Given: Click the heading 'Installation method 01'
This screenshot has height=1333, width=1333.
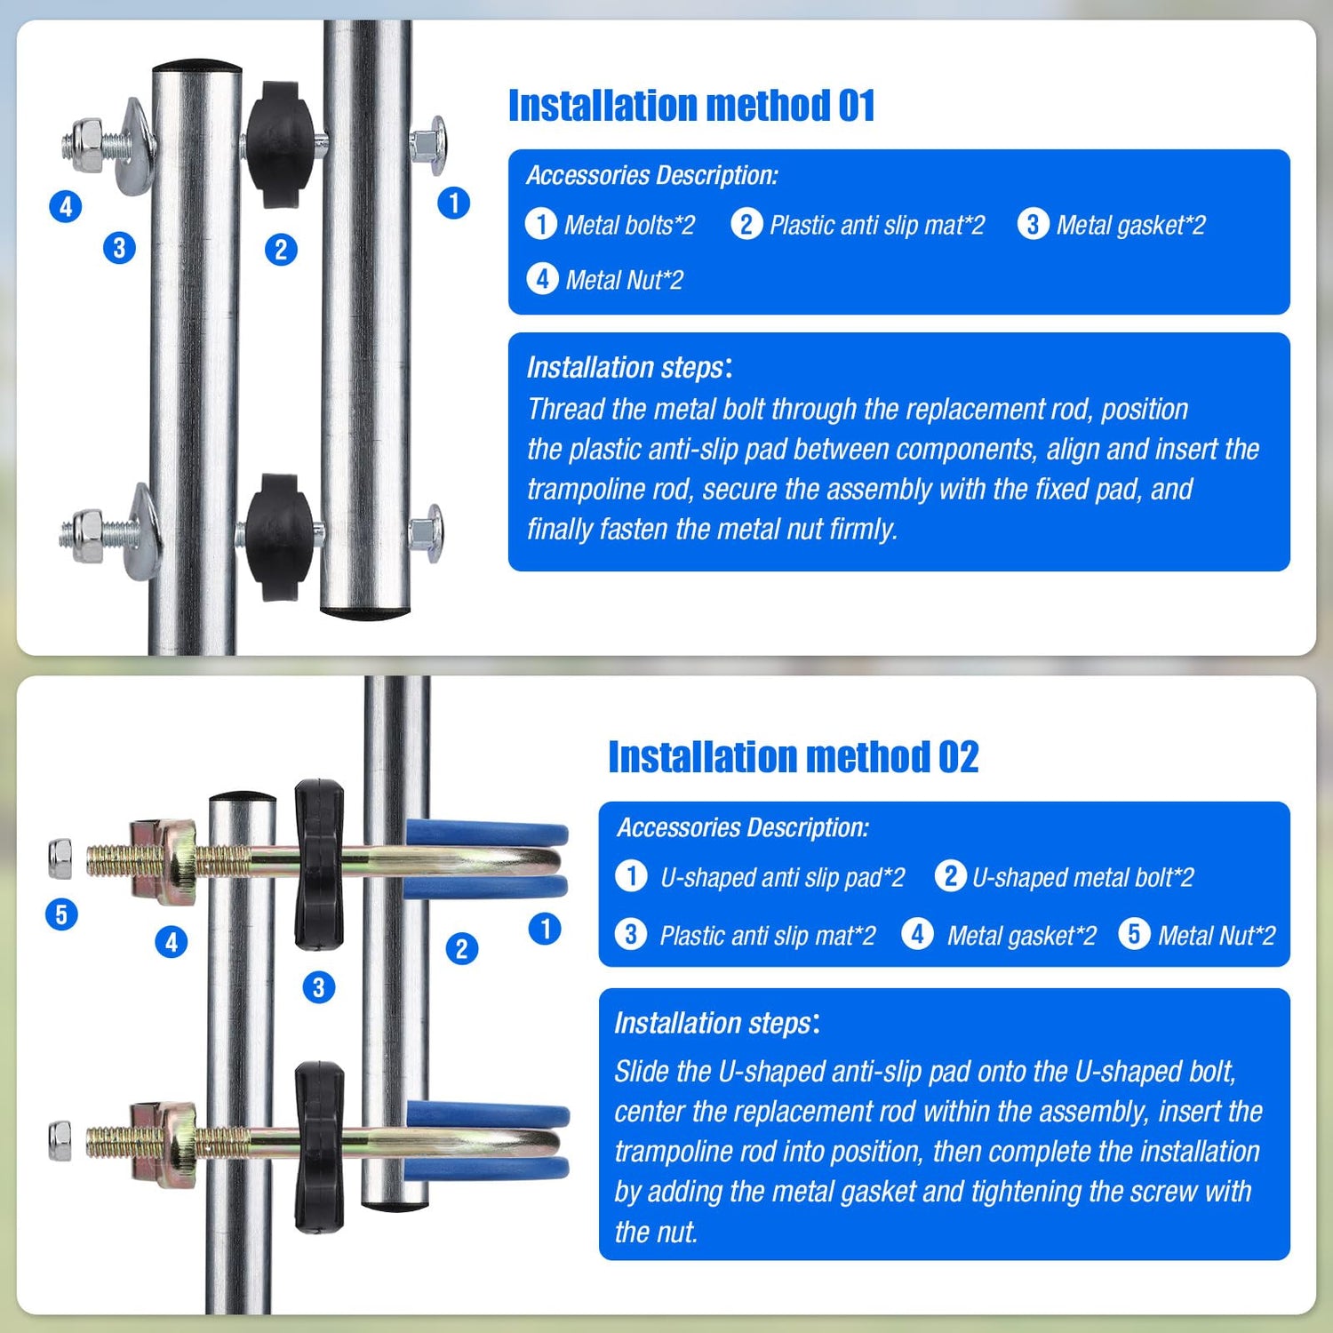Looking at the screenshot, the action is tap(691, 106).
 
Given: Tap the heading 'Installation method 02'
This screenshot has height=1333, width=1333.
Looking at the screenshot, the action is tap(793, 757).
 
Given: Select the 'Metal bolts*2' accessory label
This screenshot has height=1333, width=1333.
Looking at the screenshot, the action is tap(629, 225).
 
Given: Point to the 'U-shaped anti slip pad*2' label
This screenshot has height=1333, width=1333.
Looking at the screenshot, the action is tap(782, 878).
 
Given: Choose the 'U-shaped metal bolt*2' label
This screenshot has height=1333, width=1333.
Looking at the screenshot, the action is tap(1083, 878).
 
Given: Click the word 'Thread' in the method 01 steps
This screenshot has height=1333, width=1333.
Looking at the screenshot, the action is tap(566, 409).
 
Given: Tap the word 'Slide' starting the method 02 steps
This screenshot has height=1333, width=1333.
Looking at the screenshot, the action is tap(642, 1071).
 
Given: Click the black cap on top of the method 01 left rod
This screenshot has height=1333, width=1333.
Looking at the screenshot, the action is tap(196, 67).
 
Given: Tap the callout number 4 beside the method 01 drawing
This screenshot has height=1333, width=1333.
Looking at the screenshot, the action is tap(66, 207).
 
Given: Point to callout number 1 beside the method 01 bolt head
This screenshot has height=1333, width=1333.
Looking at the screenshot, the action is tap(453, 203).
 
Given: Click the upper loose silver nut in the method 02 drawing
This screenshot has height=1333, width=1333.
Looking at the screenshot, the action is tap(60, 858).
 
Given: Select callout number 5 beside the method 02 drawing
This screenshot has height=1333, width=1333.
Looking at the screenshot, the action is tap(61, 914).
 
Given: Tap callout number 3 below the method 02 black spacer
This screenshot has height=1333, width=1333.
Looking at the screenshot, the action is tap(318, 987).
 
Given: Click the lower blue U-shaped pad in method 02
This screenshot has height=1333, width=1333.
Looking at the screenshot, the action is tap(487, 1140).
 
